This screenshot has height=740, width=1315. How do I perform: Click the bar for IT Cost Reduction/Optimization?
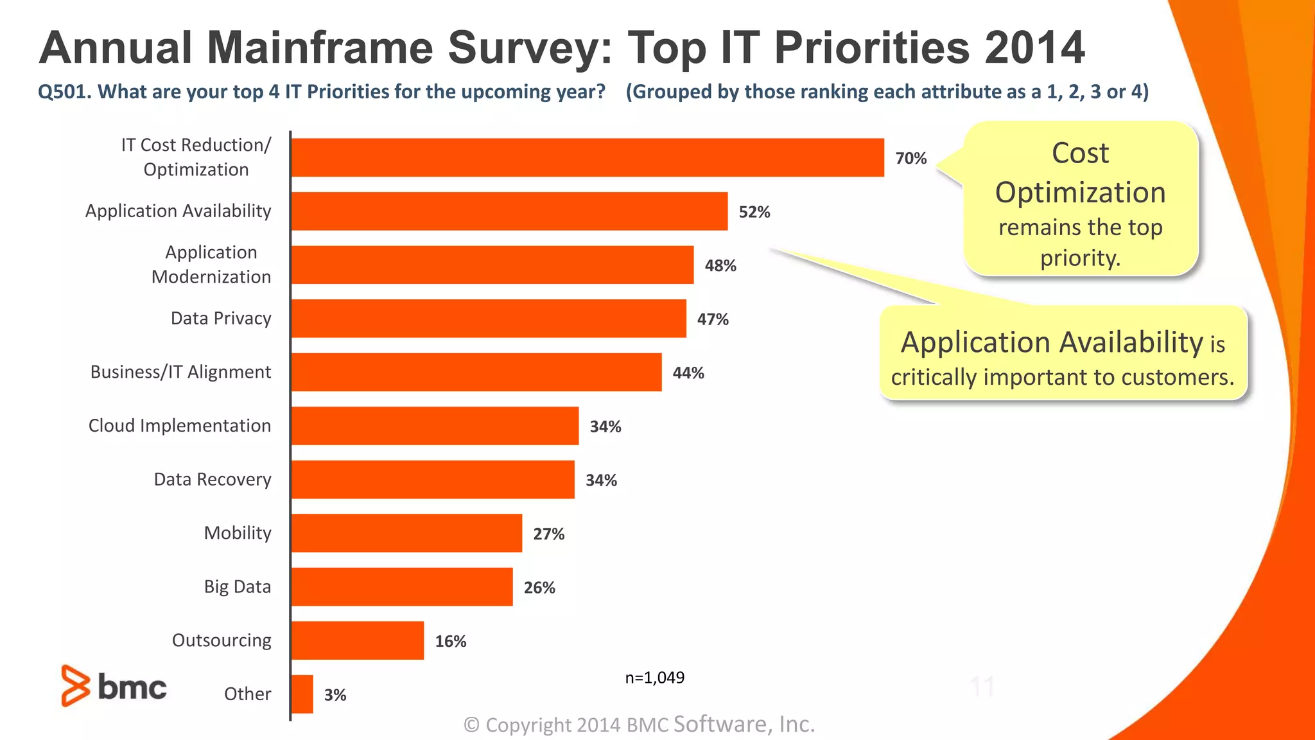click(x=588, y=157)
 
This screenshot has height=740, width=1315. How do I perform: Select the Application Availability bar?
click(x=509, y=211)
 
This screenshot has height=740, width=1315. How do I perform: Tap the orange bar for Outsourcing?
click(x=358, y=640)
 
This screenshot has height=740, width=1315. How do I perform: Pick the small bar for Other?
click(x=302, y=694)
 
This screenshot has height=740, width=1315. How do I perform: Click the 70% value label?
click(x=910, y=158)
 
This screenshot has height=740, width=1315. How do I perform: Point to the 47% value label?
click(x=713, y=319)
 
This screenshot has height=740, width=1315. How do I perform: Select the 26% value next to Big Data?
click(x=539, y=587)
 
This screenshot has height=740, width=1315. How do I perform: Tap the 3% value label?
click(x=335, y=694)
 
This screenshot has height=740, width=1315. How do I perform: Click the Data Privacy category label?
click(x=221, y=319)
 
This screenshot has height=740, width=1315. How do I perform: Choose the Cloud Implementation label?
click(x=180, y=426)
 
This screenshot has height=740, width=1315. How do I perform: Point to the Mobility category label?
click(x=238, y=533)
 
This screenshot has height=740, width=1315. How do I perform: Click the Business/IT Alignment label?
click(x=180, y=372)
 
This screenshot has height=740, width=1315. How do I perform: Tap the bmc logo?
click(x=114, y=686)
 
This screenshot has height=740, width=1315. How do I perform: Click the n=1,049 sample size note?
click(x=654, y=678)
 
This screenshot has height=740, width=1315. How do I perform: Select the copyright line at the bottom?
click(x=639, y=725)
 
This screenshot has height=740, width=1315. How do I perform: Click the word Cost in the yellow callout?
click(x=1080, y=154)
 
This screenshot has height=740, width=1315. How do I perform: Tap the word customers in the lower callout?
click(x=1178, y=377)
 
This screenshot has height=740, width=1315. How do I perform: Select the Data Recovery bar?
click(x=433, y=479)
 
